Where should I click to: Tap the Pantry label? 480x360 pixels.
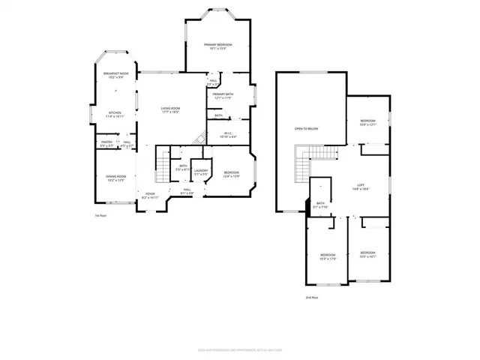pos(106,142)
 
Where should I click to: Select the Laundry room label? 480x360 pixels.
pos(200,172)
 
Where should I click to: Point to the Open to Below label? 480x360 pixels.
pos(306,129)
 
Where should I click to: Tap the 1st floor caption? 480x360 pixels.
pos(99,215)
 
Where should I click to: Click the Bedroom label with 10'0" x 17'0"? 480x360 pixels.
pos(328,254)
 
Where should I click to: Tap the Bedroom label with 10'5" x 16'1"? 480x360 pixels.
pos(367,254)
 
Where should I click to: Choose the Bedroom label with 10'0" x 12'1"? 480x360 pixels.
pos(367,122)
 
